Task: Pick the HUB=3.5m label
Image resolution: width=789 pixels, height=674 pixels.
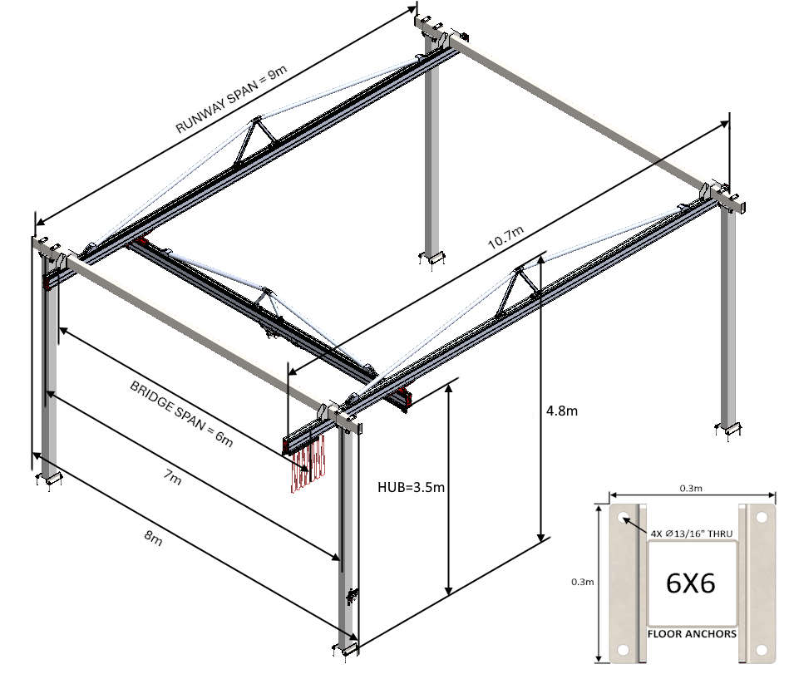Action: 407,485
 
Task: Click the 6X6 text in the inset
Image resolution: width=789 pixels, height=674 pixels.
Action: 691,584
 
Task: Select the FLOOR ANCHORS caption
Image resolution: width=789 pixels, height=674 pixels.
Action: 691,634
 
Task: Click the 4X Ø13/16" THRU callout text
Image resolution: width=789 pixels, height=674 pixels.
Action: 690,533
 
